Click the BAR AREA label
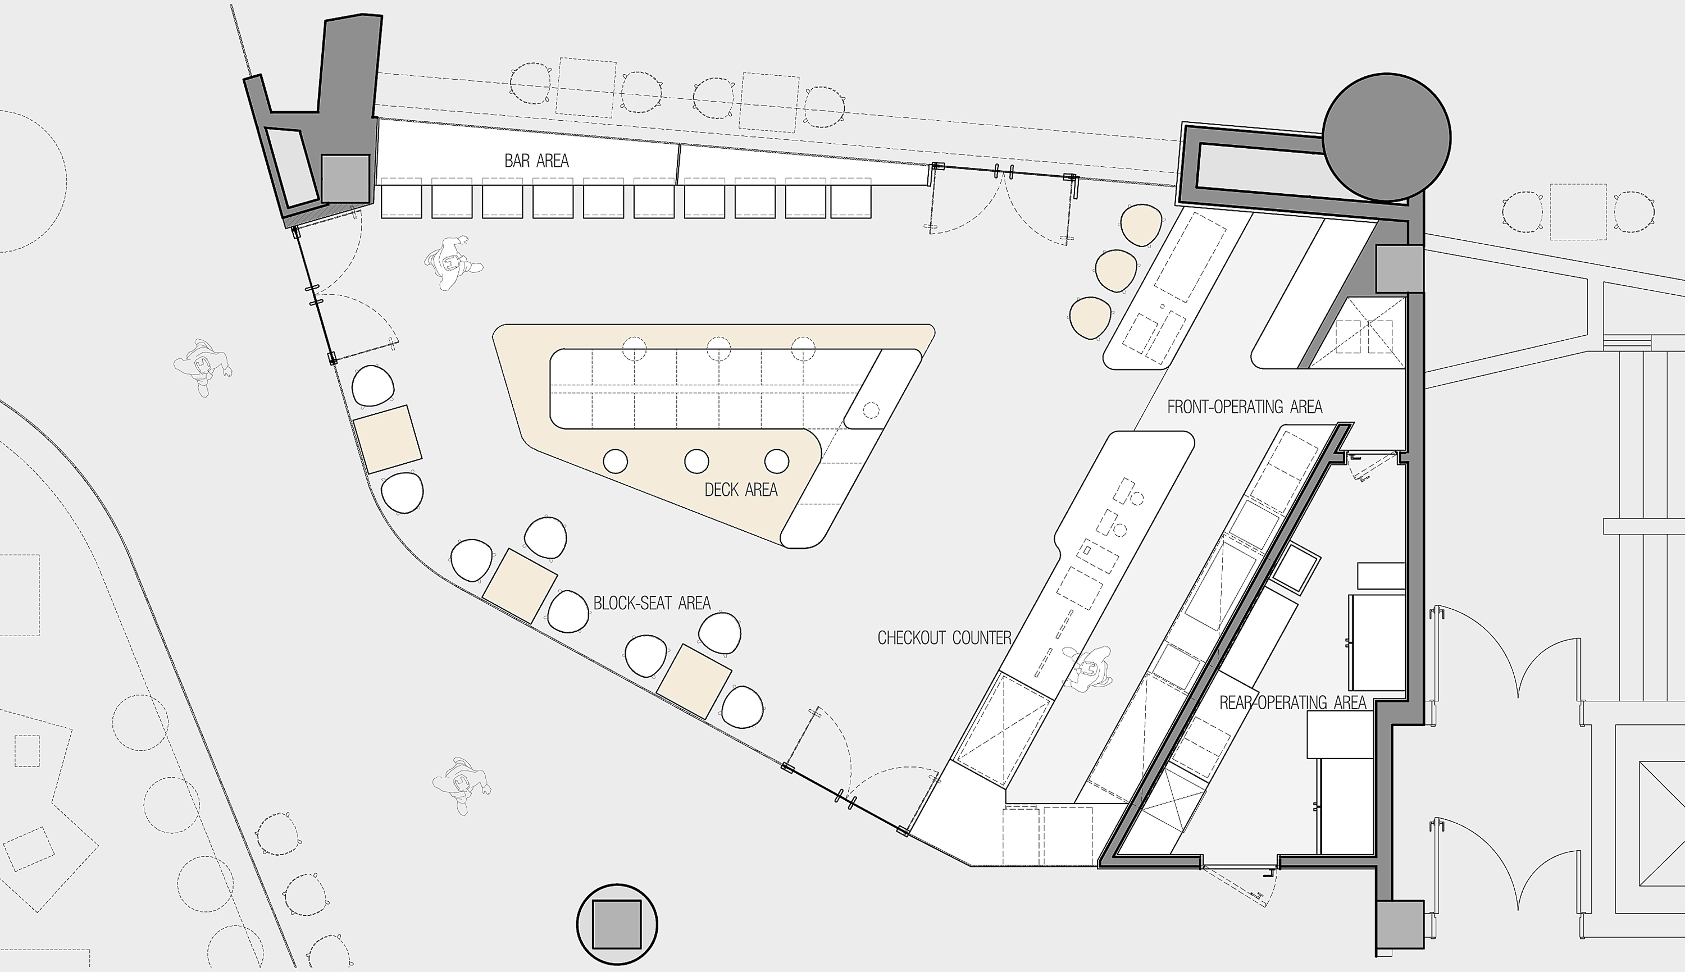(x=537, y=161)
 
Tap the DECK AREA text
(x=741, y=490)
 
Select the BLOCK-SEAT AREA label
(x=652, y=604)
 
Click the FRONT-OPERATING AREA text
(x=1245, y=407)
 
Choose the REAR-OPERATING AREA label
(x=1292, y=702)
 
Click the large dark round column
(x=1387, y=137)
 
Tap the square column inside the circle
(x=616, y=925)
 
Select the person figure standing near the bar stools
(x=453, y=262)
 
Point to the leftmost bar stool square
(x=401, y=198)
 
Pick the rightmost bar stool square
(x=850, y=198)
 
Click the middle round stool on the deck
(x=696, y=460)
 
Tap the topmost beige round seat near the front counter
(x=1141, y=225)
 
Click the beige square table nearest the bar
(x=387, y=439)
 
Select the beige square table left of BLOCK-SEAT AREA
(x=520, y=586)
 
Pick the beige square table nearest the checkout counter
(x=694, y=682)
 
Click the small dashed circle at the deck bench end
(x=871, y=410)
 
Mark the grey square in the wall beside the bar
(x=346, y=178)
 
